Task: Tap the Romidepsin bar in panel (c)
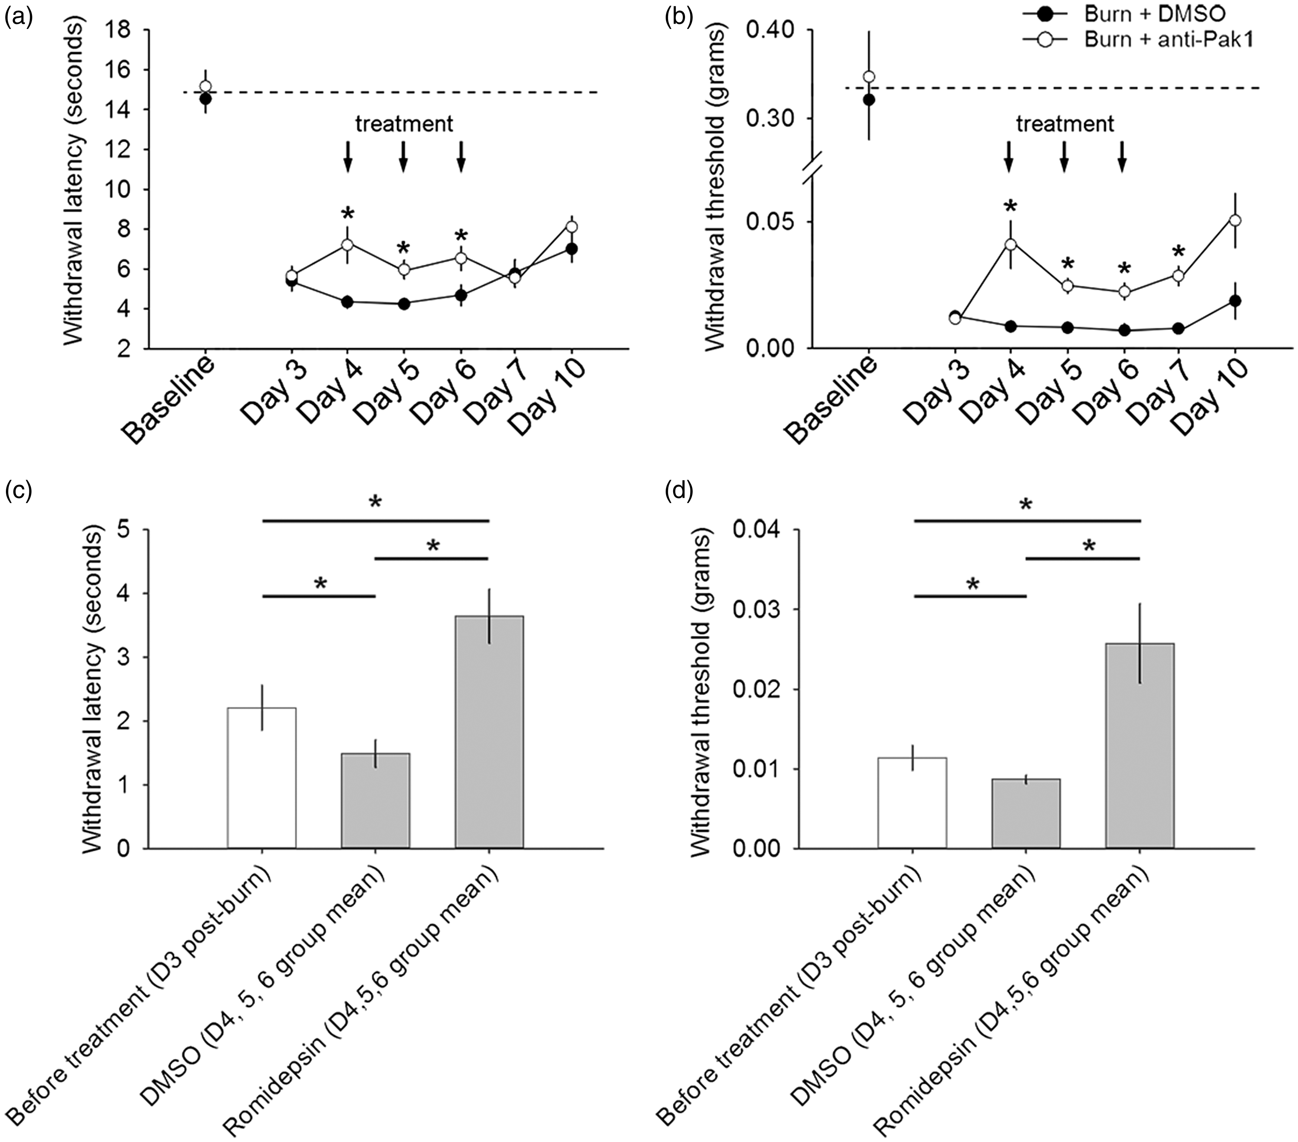coord(489,732)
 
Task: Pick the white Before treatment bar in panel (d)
coord(912,803)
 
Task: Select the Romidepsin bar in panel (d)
coord(1140,746)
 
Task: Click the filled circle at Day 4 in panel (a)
coord(347,302)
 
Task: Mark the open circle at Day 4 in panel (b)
coord(1010,244)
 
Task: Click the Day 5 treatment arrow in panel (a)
coord(403,156)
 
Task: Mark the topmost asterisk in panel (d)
coord(1026,505)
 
